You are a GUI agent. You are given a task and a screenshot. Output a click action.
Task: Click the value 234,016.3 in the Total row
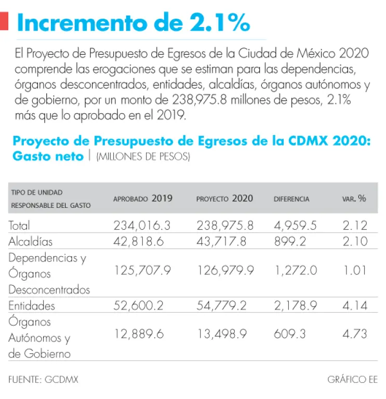point(142,225)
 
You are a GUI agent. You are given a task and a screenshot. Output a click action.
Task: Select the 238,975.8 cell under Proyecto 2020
point(225,225)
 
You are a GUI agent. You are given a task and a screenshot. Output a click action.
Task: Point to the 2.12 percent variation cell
point(355,225)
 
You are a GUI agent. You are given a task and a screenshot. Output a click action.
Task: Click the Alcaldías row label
point(31,242)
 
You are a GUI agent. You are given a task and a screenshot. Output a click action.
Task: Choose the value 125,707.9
point(142,271)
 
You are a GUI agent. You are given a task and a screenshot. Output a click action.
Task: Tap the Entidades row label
point(32,305)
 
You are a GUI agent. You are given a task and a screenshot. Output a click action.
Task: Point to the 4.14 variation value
point(355,305)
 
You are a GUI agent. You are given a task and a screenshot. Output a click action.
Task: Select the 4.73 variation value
point(355,334)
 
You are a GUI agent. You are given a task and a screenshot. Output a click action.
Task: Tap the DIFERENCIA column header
point(291,199)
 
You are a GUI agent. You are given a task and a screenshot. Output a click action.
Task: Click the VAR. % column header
point(354,198)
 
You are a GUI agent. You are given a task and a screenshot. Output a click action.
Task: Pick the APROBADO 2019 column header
point(143,198)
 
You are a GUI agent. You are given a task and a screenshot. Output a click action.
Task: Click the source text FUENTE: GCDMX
point(43,379)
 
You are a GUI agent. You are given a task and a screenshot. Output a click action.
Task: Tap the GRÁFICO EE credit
point(352,379)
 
